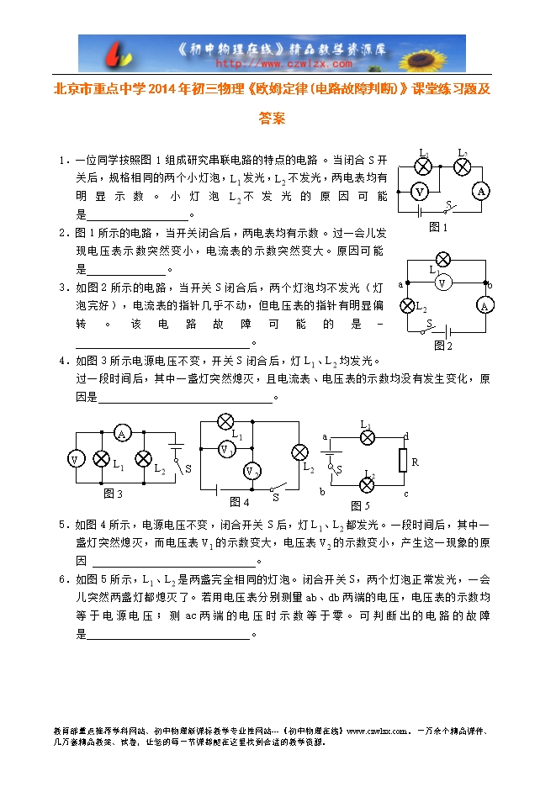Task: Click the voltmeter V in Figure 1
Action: click(419, 192)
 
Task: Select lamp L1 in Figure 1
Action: click(426, 166)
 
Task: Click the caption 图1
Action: click(438, 227)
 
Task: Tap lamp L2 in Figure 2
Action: click(408, 305)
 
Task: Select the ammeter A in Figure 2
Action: click(485, 306)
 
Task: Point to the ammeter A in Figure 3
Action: click(122, 434)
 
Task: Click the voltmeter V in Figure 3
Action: click(76, 459)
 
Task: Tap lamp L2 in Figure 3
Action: click(144, 459)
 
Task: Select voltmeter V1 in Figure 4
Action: click(225, 450)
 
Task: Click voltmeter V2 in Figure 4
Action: click(251, 471)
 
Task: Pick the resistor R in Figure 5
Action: click(403, 461)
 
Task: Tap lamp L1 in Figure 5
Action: click(367, 437)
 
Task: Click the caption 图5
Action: click(360, 505)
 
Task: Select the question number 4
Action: click(62, 361)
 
